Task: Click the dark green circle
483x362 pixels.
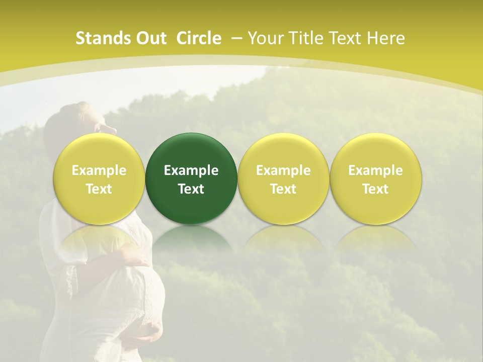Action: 191,178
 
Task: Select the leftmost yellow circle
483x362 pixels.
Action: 99,178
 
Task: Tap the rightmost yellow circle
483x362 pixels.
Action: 375,178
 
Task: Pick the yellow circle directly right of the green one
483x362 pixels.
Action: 283,178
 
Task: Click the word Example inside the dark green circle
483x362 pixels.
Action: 191,170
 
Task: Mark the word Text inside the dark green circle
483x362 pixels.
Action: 191,189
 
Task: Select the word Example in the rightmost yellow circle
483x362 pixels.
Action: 375,170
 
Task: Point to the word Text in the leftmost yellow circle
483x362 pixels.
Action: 99,189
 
